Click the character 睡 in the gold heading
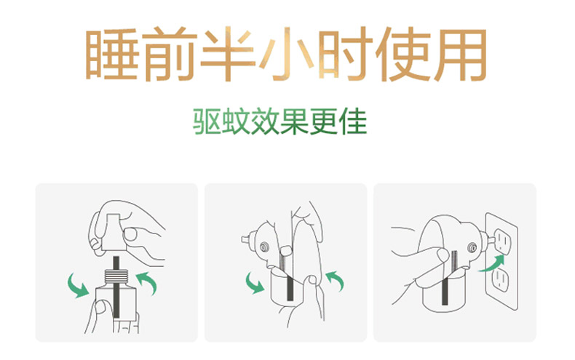click(x=112, y=54)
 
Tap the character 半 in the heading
click(x=229, y=54)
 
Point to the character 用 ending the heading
click(x=461, y=55)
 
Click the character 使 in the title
click(x=402, y=54)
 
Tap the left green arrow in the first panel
click(x=77, y=286)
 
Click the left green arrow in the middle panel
click(x=255, y=283)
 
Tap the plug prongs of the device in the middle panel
click(x=247, y=240)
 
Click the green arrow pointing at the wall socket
click(x=492, y=264)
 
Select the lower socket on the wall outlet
click(x=500, y=280)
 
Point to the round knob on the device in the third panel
click(x=472, y=248)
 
